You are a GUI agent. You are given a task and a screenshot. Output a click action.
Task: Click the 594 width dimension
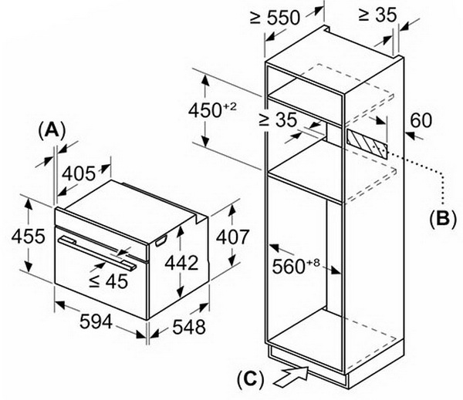tap(96, 322)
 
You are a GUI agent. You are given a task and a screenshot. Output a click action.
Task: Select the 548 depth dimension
tap(189, 327)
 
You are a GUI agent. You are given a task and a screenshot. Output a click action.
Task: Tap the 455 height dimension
tap(29, 237)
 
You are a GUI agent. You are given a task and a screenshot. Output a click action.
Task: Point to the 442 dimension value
tap(181, 263)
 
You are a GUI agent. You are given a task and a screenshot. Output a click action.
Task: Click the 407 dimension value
tap(233, 237)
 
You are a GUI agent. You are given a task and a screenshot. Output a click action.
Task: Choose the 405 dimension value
tap(79, 173)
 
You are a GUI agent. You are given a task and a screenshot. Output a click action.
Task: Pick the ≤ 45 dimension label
tap(109, 281)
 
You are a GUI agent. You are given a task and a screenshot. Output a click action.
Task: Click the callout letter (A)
tap(52, 131)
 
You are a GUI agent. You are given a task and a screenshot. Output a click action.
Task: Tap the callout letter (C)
tap(250, 379)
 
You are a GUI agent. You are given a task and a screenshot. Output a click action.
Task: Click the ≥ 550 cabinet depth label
tap(275, 18)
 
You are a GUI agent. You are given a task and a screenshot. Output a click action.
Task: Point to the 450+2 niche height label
tap(213, 110)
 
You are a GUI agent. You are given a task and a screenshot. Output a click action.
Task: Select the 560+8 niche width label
tap(296, 266)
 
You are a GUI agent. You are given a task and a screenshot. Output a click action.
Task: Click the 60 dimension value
tap(421, 120)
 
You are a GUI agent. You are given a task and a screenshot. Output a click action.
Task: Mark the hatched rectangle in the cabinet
tap(367, 144)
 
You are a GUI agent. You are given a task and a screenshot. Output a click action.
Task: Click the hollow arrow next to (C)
tap(291, 375)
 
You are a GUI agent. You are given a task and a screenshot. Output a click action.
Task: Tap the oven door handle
tap(97, 253)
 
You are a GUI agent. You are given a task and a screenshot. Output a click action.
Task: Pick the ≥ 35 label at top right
tap(377, 15)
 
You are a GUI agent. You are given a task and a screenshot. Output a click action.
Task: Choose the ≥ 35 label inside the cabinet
tap(278, 119)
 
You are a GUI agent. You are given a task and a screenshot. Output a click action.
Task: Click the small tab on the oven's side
tap(161, 241)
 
